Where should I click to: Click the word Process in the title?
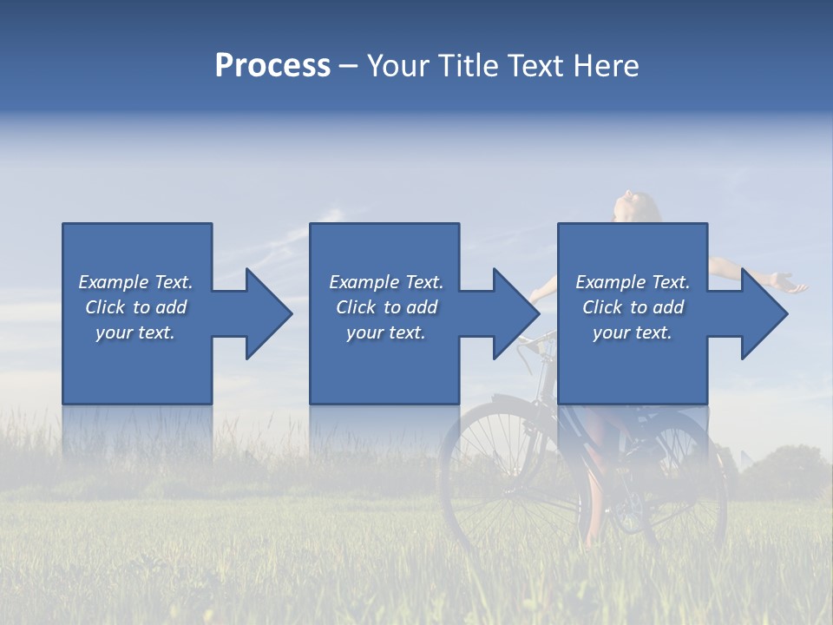click(272, 66)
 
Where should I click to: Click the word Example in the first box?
click(113, 282)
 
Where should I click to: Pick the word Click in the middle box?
click(355, 307)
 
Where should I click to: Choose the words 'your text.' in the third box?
click(633, 332)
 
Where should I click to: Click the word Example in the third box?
click(610, 282)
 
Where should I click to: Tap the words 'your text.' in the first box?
click(135, 332)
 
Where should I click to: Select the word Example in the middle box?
click(364, 282)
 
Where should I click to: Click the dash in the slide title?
click(349, 67)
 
